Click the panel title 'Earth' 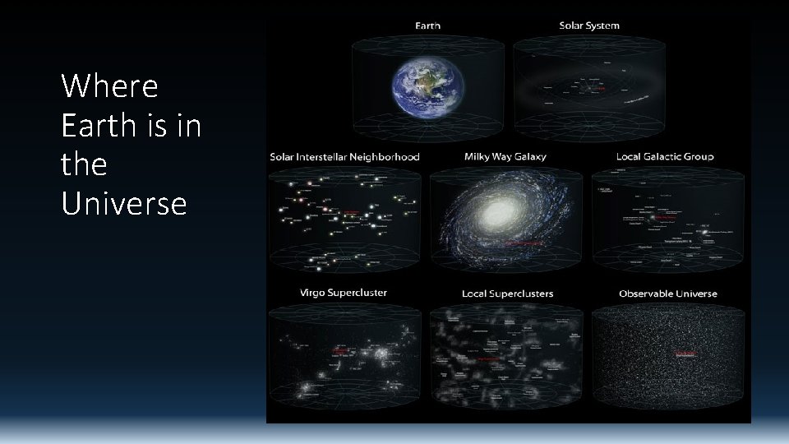[x=427, y=25]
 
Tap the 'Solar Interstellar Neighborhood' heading [x=344, y=157]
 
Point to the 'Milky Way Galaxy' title [x=505, y=157]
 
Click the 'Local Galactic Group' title [x=665, y=157]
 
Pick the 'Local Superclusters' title [x=506, y=294]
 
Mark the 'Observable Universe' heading [x=667, y=294]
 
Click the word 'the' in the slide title [x=84, y=164]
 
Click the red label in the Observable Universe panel [x=685, y=354]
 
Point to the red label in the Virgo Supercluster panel [x=339, y=349]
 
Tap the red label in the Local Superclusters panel [x=491, y=359]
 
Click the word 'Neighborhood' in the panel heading [x=383, y=157]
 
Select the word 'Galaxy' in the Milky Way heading [x=529, y=157]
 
